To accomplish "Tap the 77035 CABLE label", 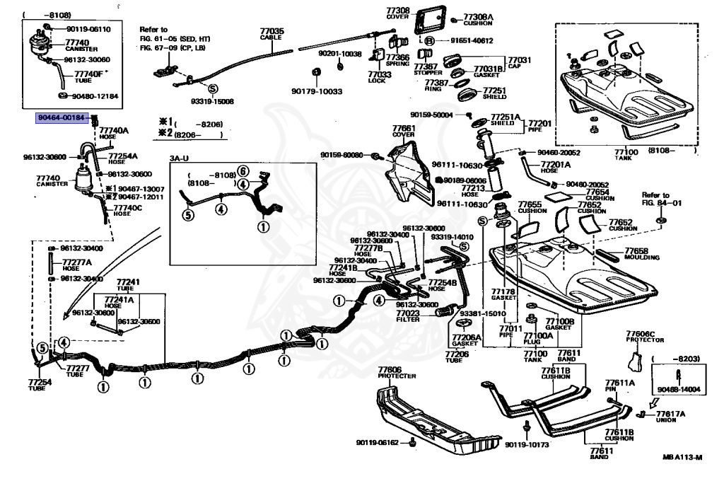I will (x=271, y=35).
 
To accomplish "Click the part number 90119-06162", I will (x=378, y=443).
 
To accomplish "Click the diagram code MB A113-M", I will (x=682, y=458).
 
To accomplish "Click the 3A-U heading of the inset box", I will (x=180, y=158).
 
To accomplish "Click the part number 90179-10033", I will (x=316, y=91).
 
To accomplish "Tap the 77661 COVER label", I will (x=404, y=132).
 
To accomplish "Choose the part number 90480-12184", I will (x=96, y=96).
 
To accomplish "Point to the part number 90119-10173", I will (x=527, y=444).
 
